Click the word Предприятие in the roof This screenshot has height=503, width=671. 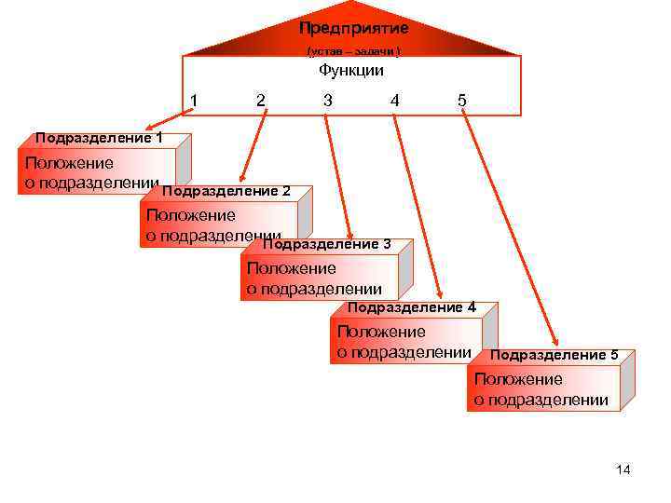pyautogui.click(x=353, y=28)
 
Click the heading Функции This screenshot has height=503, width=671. pyautogui.click(x=350, y=70)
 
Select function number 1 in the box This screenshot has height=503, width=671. pyautogui.click(x=193, y=100)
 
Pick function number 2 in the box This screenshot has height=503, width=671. pyautogui.click(x=260, y=100)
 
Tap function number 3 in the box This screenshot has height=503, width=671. pyautogui.click(x=327, y=100)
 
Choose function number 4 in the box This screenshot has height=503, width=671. pyautogui.click(x=395, y=100)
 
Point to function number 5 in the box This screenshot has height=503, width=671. pyautogui.click(x=462, y=100)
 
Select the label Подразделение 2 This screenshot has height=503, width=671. pyautogui.click(x=226, y=191)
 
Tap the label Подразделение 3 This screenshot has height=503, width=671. pyautogui.click(x=326, y=244)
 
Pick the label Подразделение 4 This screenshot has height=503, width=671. pyautogui.click(x=411, y=306)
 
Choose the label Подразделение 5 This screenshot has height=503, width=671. pyautogui.click(x=554, y=355)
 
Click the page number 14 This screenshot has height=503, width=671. pyautogui.click(x=623, y=469)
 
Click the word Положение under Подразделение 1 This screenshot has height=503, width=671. pyautogui.click(x=70, y=164)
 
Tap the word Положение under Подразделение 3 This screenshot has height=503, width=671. pyautogui.click(x=292, y=269)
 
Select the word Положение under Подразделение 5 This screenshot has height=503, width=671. pyautogui.click(x=518, y=380)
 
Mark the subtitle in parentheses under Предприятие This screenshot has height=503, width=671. pyautogui.click(x=354, y=50)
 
